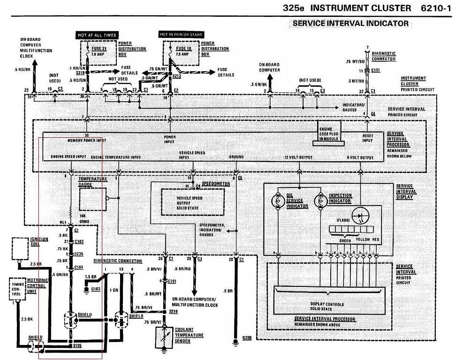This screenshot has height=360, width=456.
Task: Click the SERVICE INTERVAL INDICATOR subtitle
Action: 350,23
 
